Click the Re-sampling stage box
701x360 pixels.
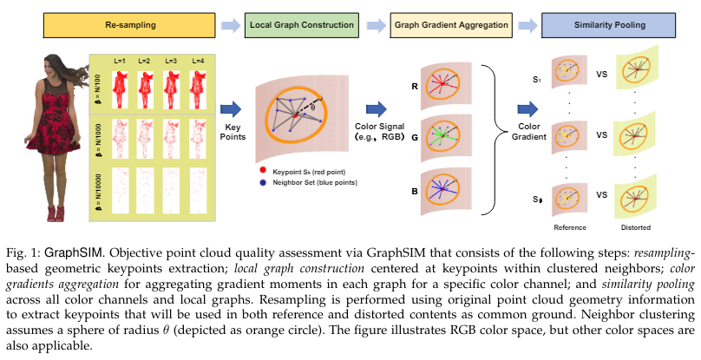[x=108, y=25]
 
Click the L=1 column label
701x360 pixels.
[x=121, y=60]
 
